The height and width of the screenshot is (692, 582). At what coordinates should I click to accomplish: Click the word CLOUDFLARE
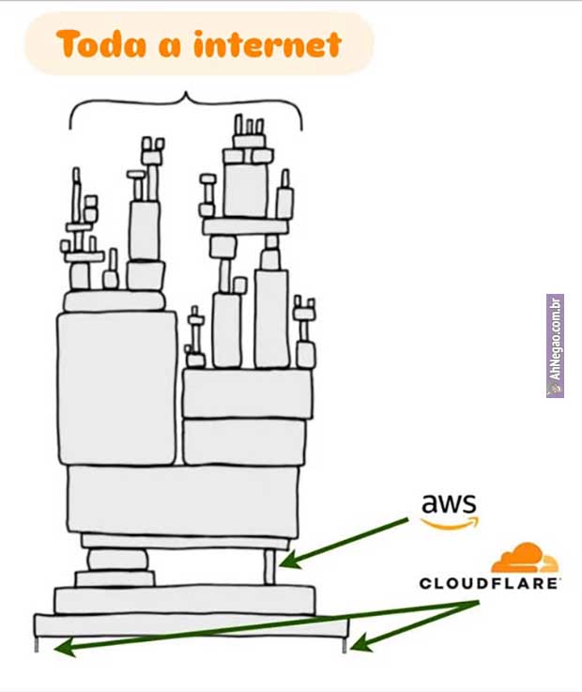point(489,583)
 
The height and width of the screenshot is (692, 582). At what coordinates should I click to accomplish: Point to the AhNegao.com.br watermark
point(555,346)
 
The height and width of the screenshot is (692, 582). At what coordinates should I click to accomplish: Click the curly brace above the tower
point(186,105)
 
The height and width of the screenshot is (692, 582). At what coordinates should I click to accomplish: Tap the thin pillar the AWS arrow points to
point(269,567)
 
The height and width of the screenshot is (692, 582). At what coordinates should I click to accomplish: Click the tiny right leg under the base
point(345,645)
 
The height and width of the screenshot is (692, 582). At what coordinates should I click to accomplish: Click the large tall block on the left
point(116,387)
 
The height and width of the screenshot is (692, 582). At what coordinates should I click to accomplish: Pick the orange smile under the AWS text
point(449,522)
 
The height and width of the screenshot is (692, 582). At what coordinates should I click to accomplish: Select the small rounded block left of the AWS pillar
point(117,561)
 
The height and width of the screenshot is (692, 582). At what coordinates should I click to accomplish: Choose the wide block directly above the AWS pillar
point(182,500)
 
